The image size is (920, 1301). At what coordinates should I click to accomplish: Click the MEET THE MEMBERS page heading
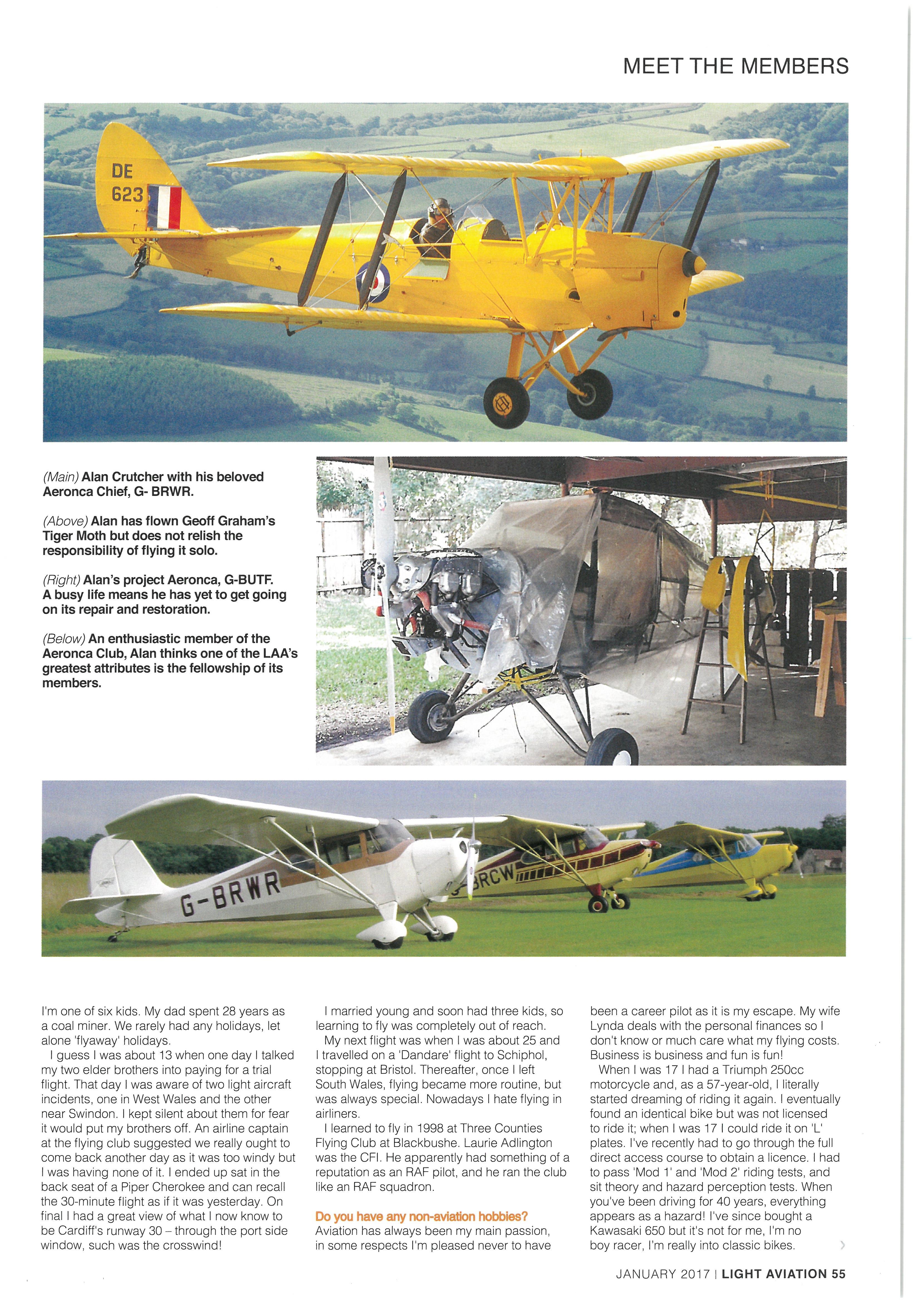(736, 66)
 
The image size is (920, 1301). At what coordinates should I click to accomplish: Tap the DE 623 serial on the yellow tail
(127, 182)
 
